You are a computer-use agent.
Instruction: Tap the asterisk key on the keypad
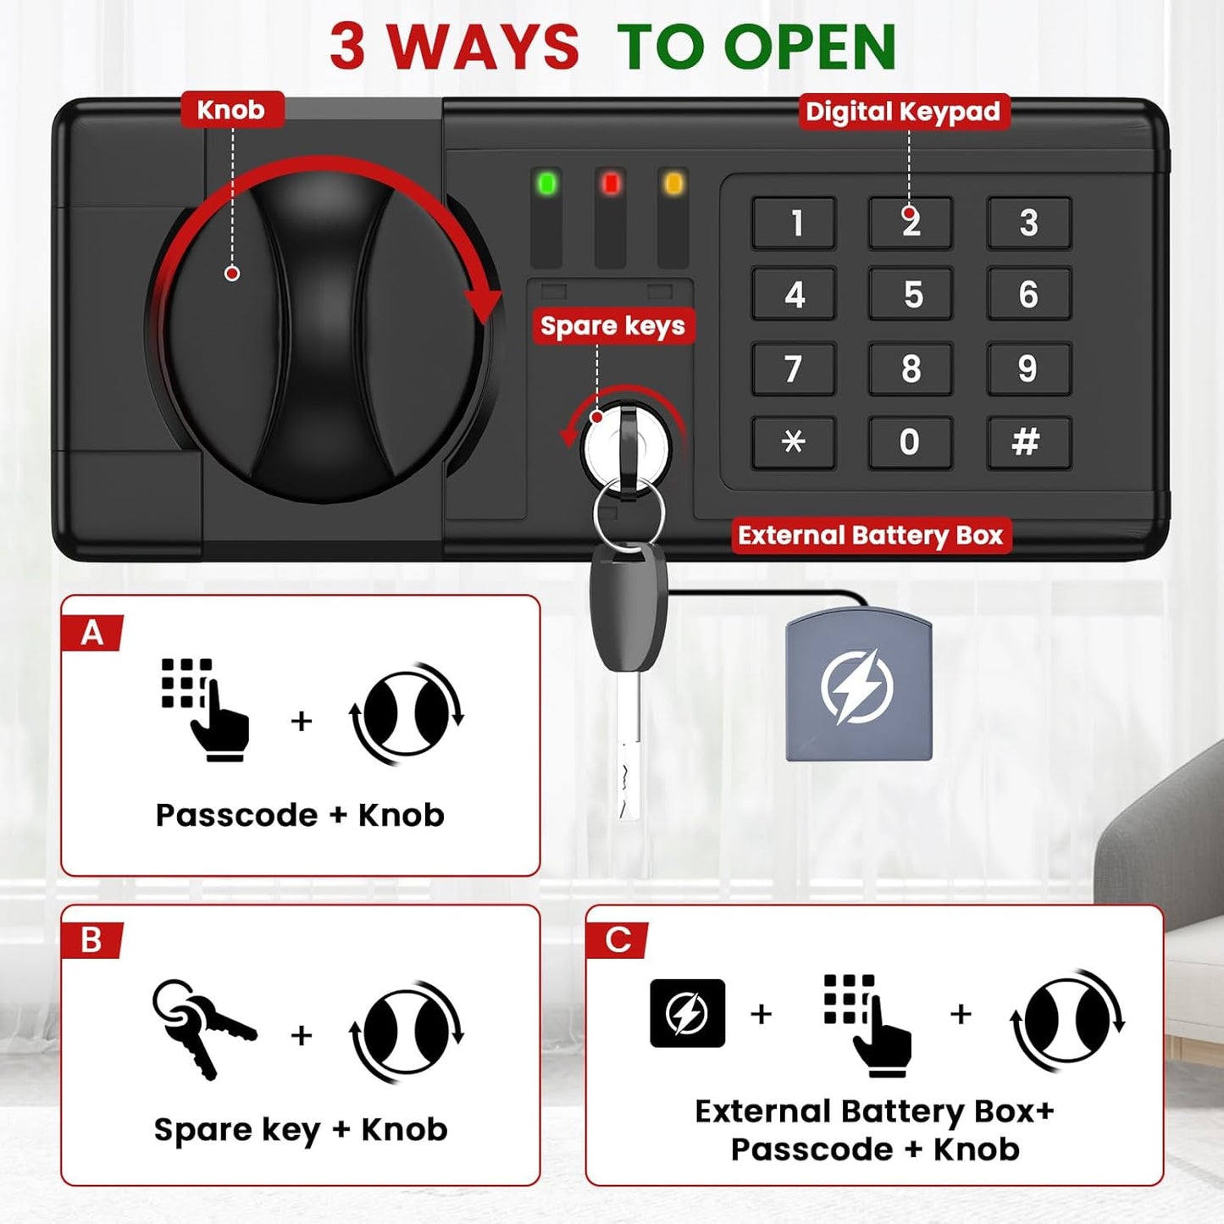pos(794,442)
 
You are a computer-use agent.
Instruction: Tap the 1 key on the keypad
pos(794,223)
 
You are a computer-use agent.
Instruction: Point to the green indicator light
pos(547,184)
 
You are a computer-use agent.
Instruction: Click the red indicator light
pos(611,184)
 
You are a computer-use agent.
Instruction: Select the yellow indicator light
pos(673,184)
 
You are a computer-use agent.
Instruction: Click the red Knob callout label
pos(232,110)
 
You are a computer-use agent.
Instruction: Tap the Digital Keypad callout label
pos(904,112)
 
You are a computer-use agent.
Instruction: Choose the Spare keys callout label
pos(613,326)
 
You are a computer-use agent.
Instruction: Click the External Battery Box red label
pos(871,535)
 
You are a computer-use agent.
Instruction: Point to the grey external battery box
pos(859,684)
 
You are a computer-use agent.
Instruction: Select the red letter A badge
pos(92,634)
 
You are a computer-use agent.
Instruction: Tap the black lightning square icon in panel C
pos(687,1014)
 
